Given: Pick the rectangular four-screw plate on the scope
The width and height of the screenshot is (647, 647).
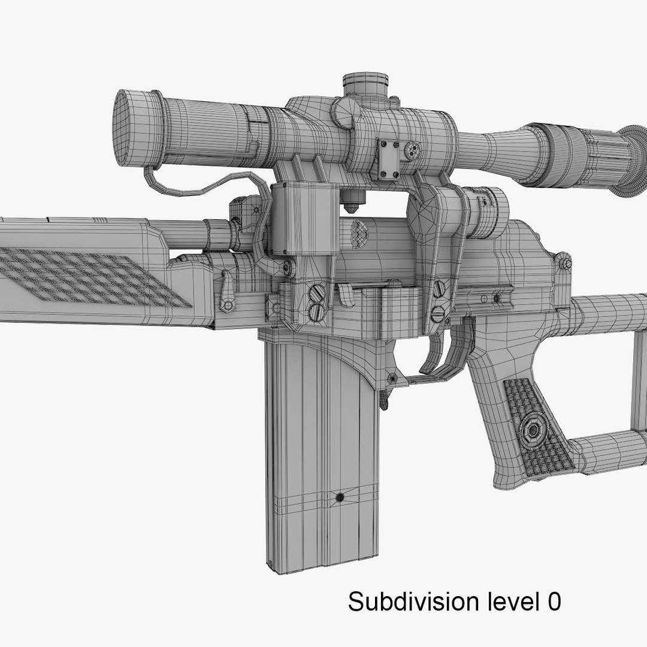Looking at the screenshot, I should tap(389, 158).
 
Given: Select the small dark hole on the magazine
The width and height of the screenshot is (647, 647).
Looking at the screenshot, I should tap(340, 497).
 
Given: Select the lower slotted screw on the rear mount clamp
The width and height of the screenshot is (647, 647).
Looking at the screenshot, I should tap(438, 312).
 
